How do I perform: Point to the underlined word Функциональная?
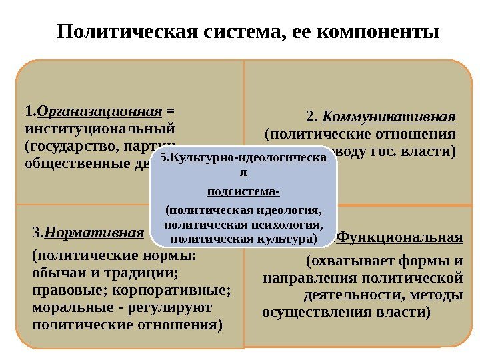pos(400,237)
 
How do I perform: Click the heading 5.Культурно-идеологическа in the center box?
pos(243,159)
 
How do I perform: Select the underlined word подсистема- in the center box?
pos(243,191)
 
